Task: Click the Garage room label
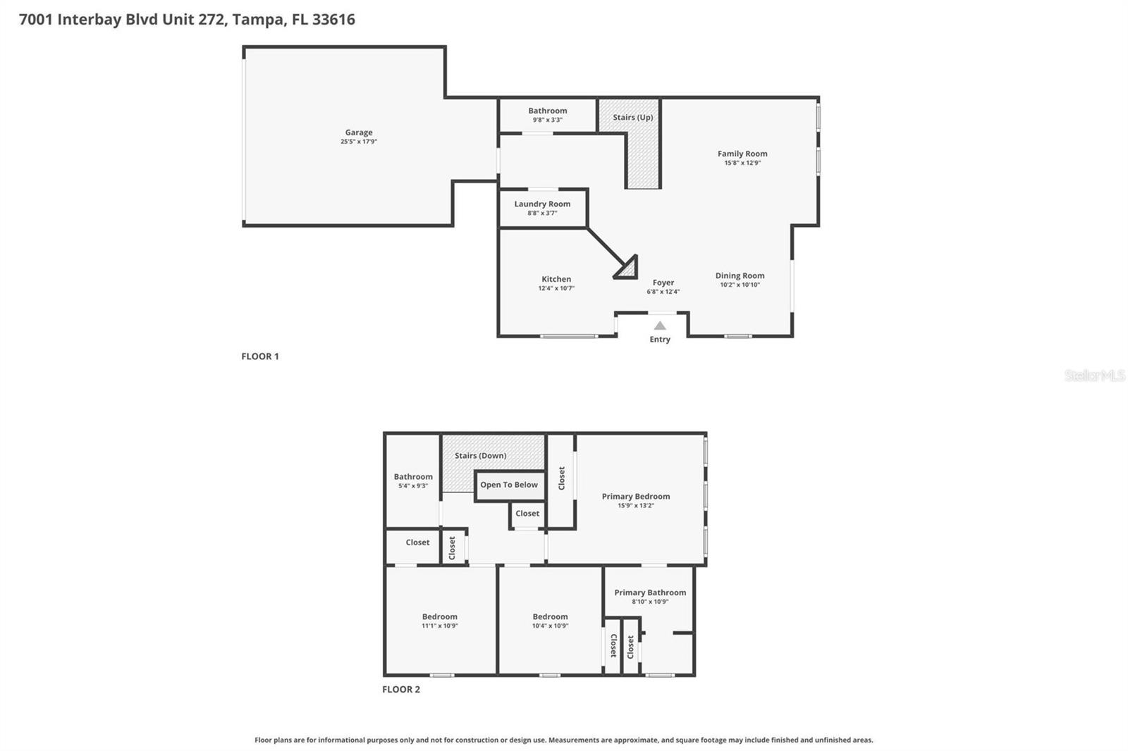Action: point(358,132)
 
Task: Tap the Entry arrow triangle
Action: point(659,326)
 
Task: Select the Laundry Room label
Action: point(542,204)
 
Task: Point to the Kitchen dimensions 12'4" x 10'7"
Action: point(556,288)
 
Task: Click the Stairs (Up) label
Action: point(632,118)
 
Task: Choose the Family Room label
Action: point(742,154)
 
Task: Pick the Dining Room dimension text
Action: point(739,285)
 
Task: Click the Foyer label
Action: point(663,283)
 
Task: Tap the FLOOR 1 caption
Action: point(260,356)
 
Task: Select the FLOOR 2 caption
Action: point(401,690)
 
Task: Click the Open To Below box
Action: point(509,485)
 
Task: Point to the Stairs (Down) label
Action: point(480,456)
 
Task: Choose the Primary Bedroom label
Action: point(635,497)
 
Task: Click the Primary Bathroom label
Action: point(649,592)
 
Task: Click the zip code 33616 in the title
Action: point(333,20)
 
